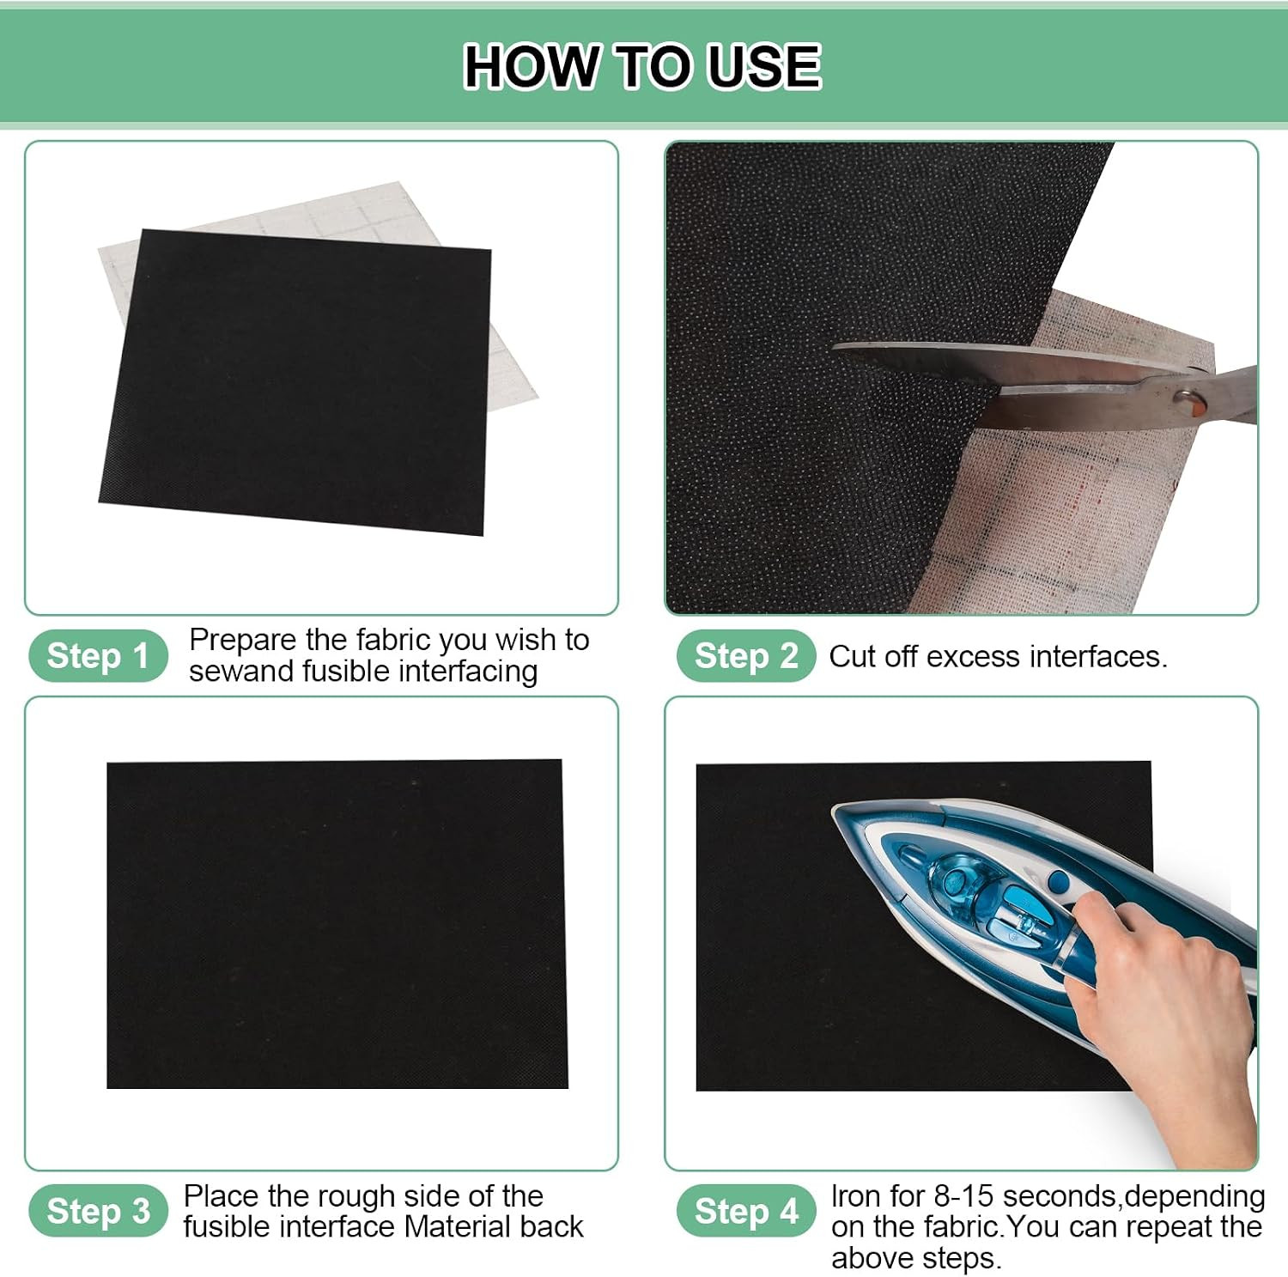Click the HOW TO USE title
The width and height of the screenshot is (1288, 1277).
click(x=642, y=66)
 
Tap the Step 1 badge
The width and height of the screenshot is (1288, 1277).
click(x=98, y=656)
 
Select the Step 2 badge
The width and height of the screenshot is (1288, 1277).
click(x=745, y=656)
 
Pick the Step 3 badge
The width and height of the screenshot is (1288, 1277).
click(x=98, y=1212)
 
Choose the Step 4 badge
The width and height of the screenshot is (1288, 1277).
click(x=745, y=1212)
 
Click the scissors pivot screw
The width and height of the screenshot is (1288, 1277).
click(x=1188, y=398)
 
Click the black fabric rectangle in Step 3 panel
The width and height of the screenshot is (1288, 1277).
click(x=337, y=924)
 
